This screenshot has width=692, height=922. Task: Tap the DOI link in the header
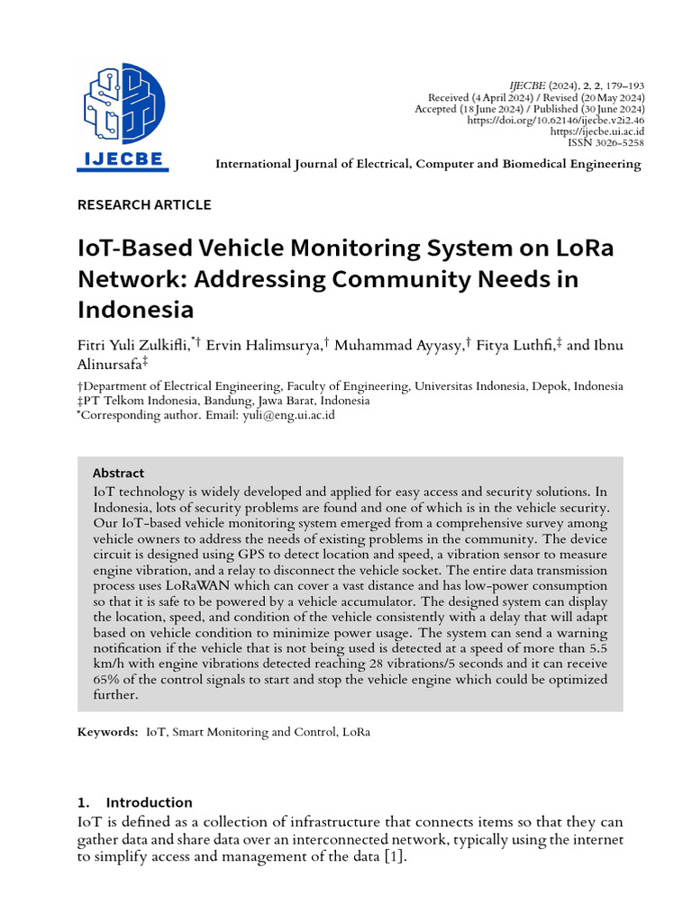[556, 120]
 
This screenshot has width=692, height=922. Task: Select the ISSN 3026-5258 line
[605, 142]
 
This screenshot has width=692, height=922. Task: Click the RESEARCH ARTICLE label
[144, 204]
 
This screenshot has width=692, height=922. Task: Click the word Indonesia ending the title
[135, 310]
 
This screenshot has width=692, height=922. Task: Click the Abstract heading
[118, 473]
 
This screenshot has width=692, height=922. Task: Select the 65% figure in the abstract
[106, 680]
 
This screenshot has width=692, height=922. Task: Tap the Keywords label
[108, 732]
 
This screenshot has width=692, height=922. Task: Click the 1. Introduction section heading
[135, 802]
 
